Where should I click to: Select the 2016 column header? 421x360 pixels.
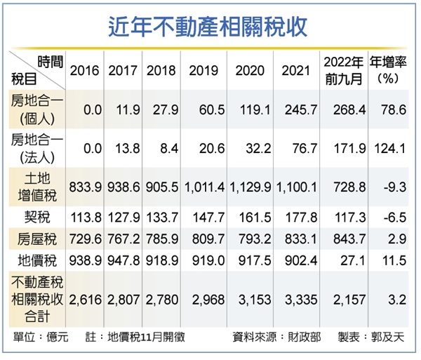tap(85, 70)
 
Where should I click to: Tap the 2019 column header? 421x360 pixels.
tap(203, 70)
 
